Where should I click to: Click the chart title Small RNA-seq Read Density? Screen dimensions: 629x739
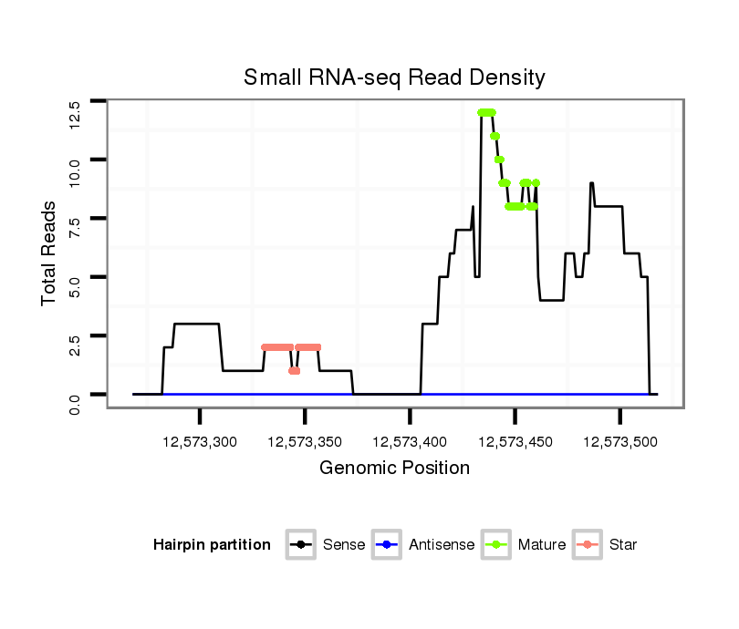(x=394, y=77)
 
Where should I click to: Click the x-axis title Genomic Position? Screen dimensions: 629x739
(x=394, y=469)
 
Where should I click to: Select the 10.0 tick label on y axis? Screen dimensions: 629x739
(x=75, y=171)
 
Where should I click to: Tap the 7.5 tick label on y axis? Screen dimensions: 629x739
(x=75, y=228)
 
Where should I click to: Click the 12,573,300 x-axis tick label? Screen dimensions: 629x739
(x=200, y=442)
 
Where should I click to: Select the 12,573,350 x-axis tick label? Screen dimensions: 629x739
(x=305, y=442)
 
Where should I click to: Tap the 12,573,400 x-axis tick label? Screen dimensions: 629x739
(x=410, y=442)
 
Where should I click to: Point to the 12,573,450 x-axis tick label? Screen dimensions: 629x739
(x=515, y=442)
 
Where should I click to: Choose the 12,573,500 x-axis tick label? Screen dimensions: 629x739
(x=619, y=442)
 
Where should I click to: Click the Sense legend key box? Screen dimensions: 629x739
(x=300, y=545)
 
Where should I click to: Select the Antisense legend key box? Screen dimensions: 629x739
(x=387, y=545)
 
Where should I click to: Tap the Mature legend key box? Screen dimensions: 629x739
(x=496, y=545)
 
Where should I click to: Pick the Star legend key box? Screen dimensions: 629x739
(x=587, y=545)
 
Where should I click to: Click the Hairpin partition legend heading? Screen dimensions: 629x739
(x=213, y=545)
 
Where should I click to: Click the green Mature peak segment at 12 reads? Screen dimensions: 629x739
(x=486, y=112)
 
